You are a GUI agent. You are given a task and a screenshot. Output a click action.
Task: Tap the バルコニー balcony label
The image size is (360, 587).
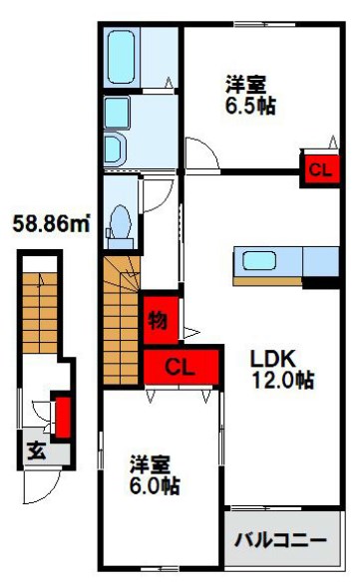pyautogui.click(x=280, y=541)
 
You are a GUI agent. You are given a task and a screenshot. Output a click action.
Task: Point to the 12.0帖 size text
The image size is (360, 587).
pyautogui.click(x=282, y=382)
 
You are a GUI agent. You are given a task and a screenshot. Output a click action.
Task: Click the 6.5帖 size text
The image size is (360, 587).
pyautogui.click(x=249, y=106)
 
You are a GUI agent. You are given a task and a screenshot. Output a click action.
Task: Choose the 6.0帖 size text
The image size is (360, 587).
pyautogui.click(x=155, y=487)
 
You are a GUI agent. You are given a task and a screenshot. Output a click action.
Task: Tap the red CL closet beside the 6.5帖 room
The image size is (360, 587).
pyautogui.click(x=318, y=169)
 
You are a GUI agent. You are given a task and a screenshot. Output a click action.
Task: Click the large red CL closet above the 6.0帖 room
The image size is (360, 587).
pyautogui.click(x=181, y=365)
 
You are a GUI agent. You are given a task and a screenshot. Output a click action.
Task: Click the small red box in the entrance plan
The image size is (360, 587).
pyautogui.click(x=62, y=417)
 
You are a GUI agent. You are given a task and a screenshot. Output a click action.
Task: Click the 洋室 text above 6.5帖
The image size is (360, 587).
pyautogui.click(x=245, y=84)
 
